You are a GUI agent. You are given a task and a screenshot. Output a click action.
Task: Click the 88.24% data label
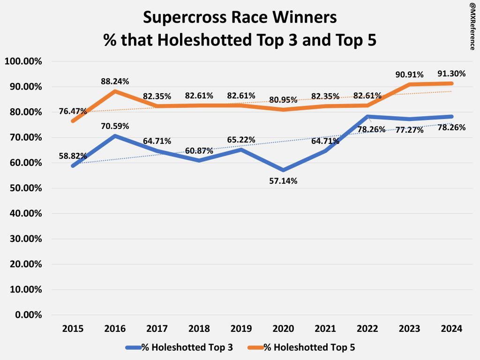pos(115,81)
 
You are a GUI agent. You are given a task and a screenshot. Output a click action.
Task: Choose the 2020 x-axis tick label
pos(283,329)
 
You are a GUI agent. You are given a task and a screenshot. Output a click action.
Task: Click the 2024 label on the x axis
pos(451,329)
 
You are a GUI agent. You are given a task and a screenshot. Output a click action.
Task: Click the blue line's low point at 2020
pos(283,170)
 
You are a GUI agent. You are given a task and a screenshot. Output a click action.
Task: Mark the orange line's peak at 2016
pos(115,91)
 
